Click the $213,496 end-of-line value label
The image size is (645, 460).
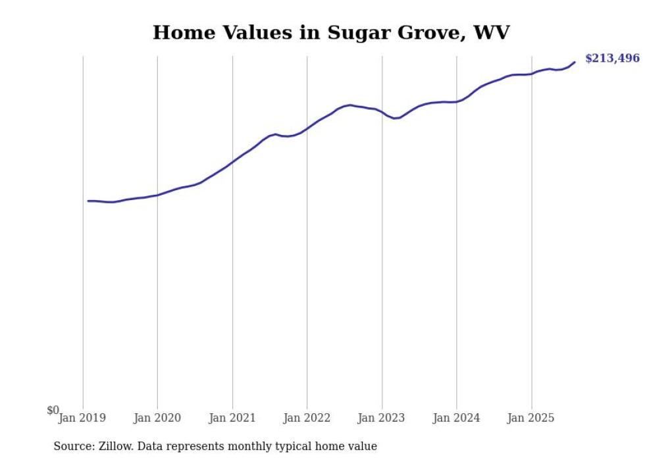click(611, 59)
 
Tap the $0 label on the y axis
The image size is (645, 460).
click(53, 410)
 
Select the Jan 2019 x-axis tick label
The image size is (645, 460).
click(82, 418)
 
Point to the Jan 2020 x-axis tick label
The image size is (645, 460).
click(157, 418)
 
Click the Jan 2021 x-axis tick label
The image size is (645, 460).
click(232, 418)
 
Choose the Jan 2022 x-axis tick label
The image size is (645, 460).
click(307, 418)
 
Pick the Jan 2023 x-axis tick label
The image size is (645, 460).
click(382, 418)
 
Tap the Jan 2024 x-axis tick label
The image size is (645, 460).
click(457, 418)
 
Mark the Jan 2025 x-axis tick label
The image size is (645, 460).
click(531, 418)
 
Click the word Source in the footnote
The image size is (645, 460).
click(72, 446)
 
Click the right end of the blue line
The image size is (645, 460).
click(575, 63)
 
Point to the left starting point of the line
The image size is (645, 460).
click(88, 201)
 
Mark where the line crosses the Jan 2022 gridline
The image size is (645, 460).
click(307, 128)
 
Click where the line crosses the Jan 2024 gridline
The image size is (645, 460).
click(457, 101)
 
